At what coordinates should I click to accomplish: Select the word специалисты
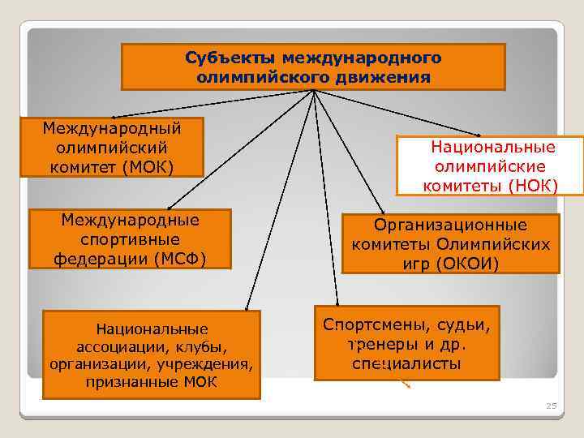coord(406,363)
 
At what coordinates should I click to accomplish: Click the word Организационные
coord(450,225)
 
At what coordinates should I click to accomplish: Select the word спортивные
coord(130,239)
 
